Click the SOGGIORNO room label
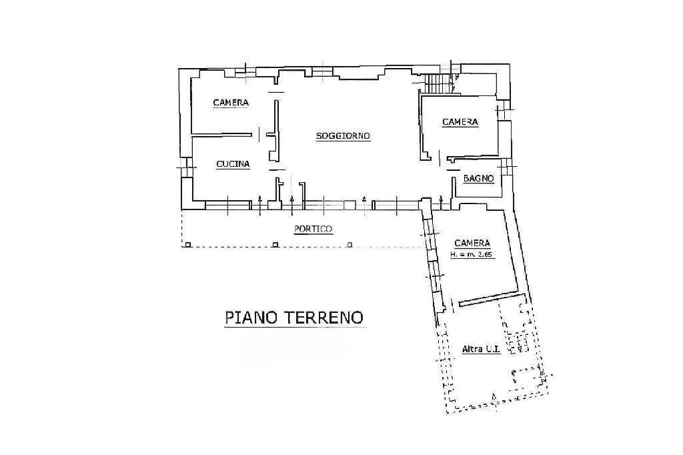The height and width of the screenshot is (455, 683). tap(343, 136)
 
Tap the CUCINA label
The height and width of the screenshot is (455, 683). tap(233, 163)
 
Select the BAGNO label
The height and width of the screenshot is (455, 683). tap(478, 179)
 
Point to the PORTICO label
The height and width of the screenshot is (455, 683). tap(313, 229)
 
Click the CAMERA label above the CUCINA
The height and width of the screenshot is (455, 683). tap(230, 103)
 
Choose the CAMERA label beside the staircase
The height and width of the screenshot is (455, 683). tap(460, 121)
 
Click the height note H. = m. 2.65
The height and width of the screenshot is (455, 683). tap(471, 255)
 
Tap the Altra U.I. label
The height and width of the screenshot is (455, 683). tap(481, 349)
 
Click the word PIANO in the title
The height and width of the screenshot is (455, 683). tap(251, 317)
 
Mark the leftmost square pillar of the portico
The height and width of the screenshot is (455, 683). tap(188, 246)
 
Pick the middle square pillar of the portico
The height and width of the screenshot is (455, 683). tap(275, 246)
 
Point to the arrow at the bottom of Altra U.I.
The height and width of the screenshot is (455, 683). tap(493, 398)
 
